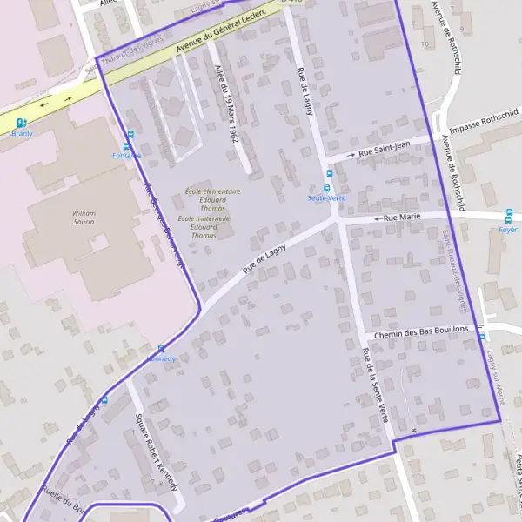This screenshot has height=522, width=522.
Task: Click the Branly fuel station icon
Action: [22, 124]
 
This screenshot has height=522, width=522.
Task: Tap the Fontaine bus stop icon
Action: [130, 134]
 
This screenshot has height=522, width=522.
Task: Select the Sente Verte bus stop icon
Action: [328, 186]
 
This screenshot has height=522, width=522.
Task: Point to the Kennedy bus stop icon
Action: [161, 348]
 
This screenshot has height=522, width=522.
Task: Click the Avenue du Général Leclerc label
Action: [220, 36]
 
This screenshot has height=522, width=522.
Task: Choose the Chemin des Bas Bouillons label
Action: [421, 333]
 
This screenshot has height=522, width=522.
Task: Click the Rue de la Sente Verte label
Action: [374, 384]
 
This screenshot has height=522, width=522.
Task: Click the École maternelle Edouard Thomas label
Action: [204, 227]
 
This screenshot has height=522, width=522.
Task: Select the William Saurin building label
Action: [84, 217]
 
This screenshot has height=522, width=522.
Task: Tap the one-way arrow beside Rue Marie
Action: [377, 218]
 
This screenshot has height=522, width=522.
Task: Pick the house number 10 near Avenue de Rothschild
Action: [425, 42]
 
